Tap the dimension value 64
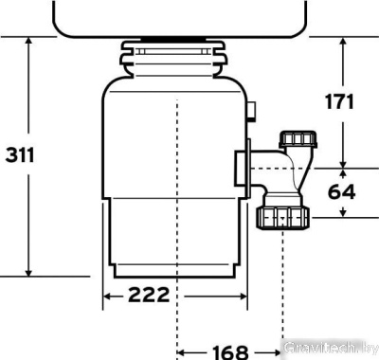click(x=343, y=192)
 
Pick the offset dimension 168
click(x=229, y=351)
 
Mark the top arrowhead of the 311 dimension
click(x=31, y=44)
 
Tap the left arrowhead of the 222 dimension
click(x=107, y=296)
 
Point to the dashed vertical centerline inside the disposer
click(x=178, y=189)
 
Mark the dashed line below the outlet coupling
click(x=281, y=284)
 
